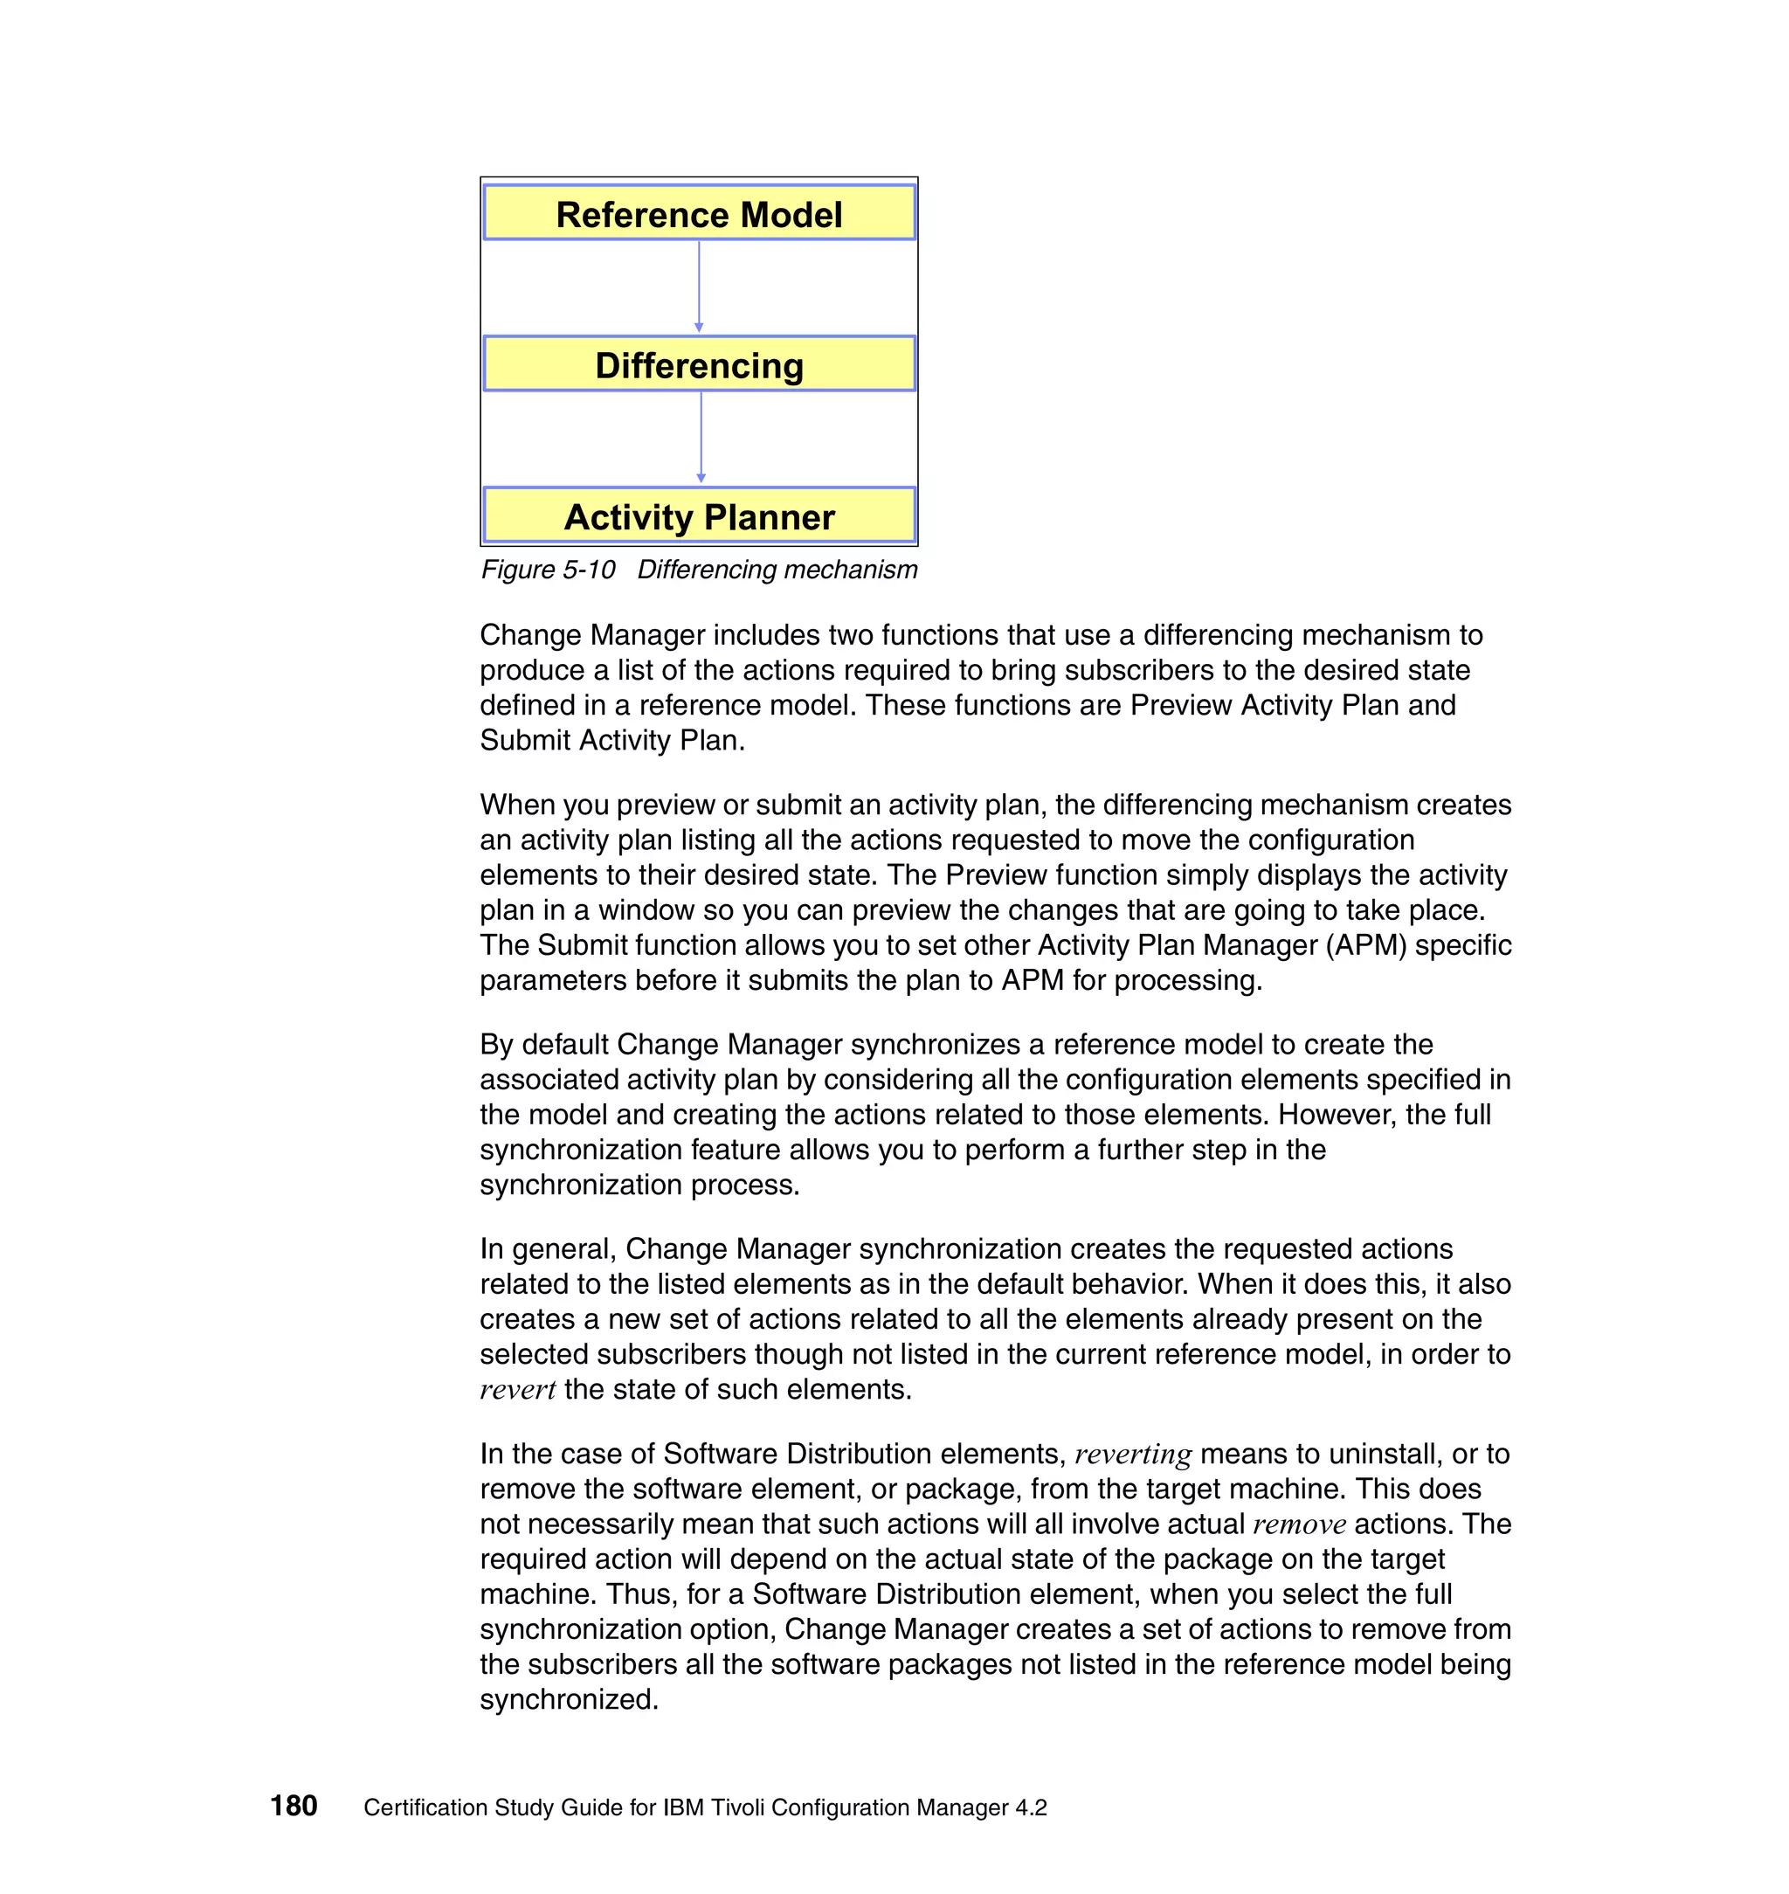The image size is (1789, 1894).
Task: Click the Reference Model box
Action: click(x=699, y=212)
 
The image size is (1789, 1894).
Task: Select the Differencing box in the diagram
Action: click(x=699, y=364)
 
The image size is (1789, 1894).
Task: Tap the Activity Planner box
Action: click(x=699, y=516)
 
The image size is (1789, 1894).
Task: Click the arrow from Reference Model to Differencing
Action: click(x=699, y=286)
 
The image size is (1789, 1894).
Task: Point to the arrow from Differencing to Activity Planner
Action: click(x=701, y=437)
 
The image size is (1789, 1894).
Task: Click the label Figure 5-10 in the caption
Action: click(x=548, y=570)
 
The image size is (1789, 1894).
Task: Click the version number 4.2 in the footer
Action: click(x=1031, y=1808)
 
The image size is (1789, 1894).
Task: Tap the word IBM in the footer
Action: click(x=684, y=1808)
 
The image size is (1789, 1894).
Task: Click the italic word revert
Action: click(x=517, y=1390)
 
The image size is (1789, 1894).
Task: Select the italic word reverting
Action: click(x=1132, y=1454)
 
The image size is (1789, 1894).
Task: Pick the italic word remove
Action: click(x=1299, y=1524)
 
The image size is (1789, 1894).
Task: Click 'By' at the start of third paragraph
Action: click(x=496, y=1044)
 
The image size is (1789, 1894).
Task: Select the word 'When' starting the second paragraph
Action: click(x=517, y=805)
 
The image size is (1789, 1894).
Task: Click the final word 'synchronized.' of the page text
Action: click(x=569, y=1699)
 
